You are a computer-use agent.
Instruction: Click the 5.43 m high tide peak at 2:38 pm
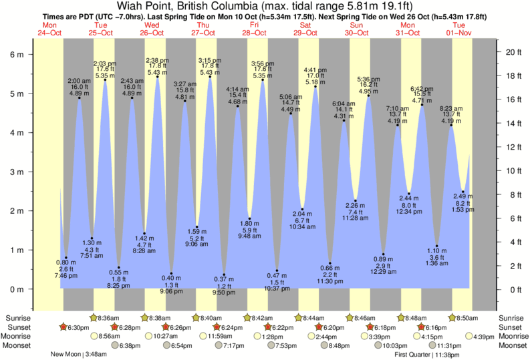click(x=158, y=77)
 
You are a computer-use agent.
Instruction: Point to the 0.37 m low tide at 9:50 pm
click(x=224, y=275)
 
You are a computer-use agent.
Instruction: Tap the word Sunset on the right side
click(x=511, y=327)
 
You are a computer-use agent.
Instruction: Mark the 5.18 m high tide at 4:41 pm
click(x=315, y=86)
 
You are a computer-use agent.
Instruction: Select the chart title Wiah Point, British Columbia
click(x=194, y=6)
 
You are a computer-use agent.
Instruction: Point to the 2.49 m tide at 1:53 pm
click(x=462, y=192)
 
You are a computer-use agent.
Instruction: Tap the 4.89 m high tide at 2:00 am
click(x=79, y=98)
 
